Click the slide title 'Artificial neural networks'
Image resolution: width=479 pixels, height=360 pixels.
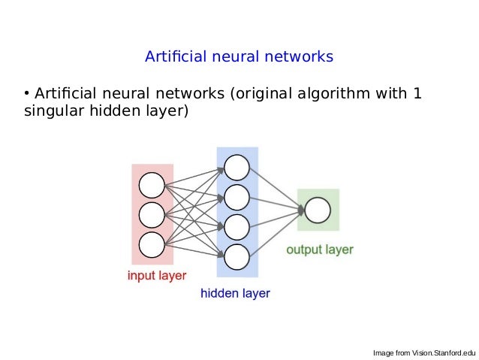pos(239,57)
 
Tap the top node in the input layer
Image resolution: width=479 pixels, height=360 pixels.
pos(152,185)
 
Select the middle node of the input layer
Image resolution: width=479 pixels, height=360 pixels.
pos(152,215)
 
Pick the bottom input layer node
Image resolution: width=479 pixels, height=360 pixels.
pos(152,244)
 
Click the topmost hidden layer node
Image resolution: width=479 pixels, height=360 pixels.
pos(236,167)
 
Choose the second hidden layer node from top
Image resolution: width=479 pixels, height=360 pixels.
pos(236,197)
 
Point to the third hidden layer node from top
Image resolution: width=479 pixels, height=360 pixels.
pos(236,226)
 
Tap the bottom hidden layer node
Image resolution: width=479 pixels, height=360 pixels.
pos(236,256)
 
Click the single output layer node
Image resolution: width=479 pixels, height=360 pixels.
pos(318,210)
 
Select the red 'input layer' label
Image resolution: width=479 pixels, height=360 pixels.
pos(156,275)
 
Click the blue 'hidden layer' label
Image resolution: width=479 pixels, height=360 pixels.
pos(235,294)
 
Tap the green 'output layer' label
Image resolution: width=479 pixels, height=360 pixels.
pos(319,250)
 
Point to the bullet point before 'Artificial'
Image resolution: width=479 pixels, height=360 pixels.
pos(26,94)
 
